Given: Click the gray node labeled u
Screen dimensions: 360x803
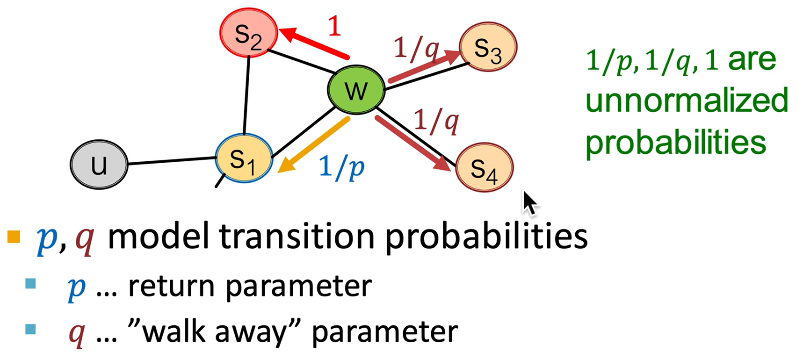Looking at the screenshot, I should pos(99,165).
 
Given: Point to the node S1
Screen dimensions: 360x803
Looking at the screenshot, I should pos(243,159).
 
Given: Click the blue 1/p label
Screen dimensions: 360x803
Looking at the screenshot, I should pos(342,166).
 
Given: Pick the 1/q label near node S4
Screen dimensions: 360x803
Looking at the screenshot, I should pos(436,121).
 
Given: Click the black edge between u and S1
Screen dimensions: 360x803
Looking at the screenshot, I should pos(171,160).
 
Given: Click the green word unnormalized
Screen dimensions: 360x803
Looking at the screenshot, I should pos(686,100).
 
